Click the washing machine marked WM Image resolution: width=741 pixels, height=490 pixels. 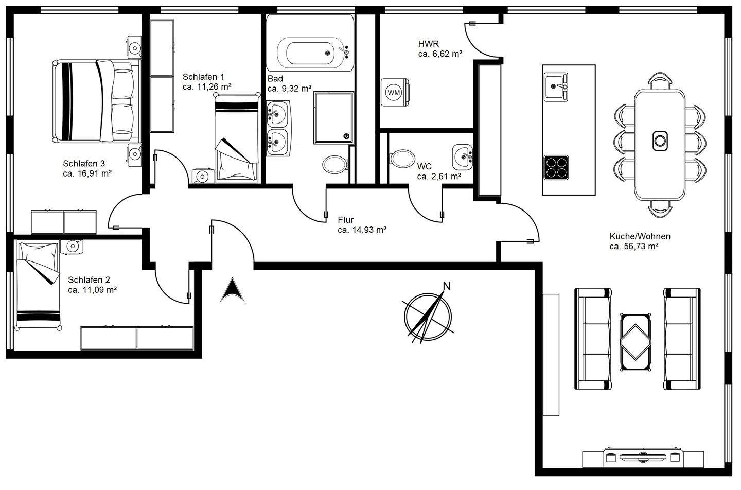394,93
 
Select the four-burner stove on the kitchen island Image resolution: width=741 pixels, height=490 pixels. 556,167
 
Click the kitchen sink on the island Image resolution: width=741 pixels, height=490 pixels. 556,83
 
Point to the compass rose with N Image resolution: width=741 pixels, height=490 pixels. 427,314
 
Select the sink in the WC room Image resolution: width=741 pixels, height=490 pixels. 463,155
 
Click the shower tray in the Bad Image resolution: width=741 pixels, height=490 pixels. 333,118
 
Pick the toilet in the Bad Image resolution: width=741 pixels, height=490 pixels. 334,164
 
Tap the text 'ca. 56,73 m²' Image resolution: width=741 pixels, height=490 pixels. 634,247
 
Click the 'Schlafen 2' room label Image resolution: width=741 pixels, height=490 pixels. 89,280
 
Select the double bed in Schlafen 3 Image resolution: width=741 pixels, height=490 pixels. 97,100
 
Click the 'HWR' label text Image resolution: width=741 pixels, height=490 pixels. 428,44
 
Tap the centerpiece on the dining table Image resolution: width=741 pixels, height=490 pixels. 660,140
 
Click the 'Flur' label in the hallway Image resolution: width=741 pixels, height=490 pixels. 346,220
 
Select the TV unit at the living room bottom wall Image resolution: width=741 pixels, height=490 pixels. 643,457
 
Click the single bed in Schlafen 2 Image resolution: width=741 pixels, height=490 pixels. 39,285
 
